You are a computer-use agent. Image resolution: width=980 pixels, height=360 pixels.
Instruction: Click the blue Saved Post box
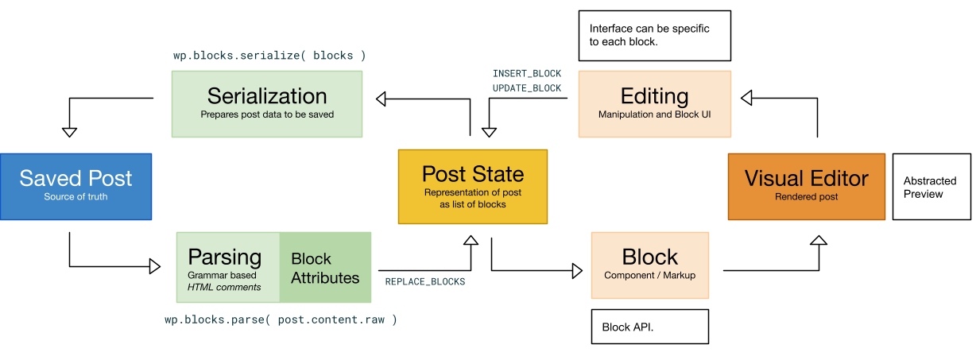(x=76, y=186)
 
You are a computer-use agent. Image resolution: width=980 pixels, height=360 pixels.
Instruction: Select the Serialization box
(x=267, y=103)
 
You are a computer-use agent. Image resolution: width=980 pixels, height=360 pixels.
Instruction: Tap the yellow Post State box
(x=473, y=186)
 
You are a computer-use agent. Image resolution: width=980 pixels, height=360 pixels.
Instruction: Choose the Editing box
(x=654, y=103)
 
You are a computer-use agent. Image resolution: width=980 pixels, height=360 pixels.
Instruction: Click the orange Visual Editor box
(x=806, y=186)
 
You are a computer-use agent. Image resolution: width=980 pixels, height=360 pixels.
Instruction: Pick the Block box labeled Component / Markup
(x=649, y=265)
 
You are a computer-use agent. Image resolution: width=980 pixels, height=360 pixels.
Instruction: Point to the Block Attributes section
(x=325, y=268)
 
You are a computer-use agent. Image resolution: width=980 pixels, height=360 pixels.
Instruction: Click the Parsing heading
(x=224, y=257)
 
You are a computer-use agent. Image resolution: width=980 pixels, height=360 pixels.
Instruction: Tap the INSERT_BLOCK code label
(x=526, y=74)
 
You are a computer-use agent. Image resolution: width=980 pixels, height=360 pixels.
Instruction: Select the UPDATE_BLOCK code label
(x=526, y=88)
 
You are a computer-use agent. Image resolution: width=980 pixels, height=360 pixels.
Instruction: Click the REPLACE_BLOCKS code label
(x=424, y=282)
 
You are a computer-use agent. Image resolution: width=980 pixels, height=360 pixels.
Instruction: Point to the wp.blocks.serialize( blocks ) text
(x=269, y=56)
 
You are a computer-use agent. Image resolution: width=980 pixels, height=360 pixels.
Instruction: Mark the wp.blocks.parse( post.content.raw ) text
(x=281, y=320)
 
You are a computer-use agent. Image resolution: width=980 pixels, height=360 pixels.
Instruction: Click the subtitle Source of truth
(x=76, y=197)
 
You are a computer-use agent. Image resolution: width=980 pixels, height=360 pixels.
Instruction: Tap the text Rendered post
(x=806, y=197)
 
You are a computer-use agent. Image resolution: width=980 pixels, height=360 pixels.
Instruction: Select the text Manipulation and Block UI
(x=654, y=114)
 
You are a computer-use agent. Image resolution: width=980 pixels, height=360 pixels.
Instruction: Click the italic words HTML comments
(x=224, y=287)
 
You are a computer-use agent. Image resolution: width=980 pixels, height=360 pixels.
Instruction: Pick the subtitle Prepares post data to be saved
(x=267, y=114)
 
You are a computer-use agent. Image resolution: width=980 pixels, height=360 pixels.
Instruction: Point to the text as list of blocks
(x=473, y=204)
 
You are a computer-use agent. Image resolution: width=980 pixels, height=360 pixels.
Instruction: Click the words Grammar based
(x=222, y=276)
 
